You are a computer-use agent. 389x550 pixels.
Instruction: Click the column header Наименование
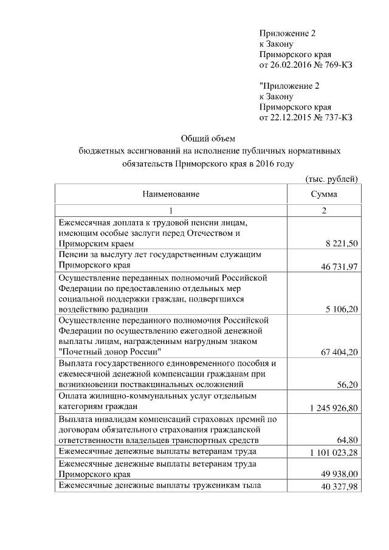click(171, 194)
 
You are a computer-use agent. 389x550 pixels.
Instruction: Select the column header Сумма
click(324, 194)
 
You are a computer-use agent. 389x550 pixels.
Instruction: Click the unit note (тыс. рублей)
click(331, 179)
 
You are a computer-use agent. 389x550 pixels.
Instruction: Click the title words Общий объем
click(208, 138)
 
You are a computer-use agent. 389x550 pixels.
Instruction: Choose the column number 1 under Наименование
click(171, 211)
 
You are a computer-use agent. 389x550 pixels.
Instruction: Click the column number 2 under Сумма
click(324, 211)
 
